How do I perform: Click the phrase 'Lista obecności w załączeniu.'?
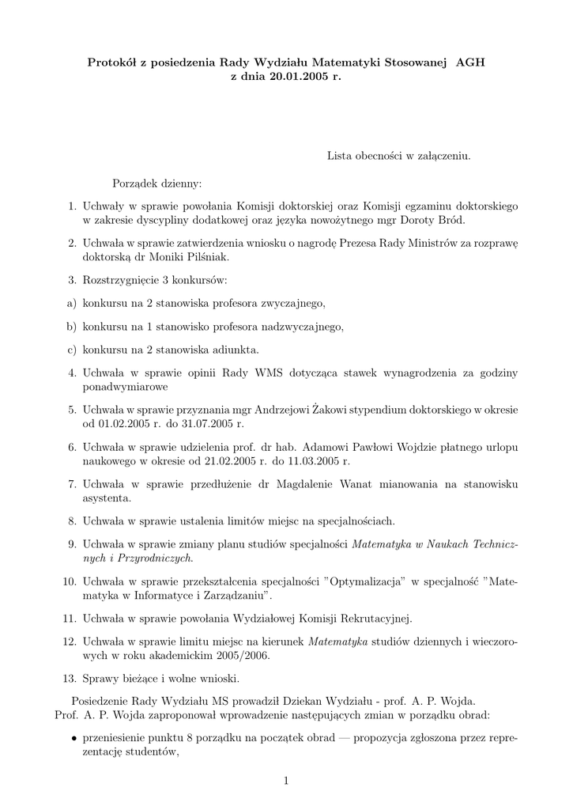[x=398, y=157]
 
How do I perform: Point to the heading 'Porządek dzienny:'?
[x=156, y=184]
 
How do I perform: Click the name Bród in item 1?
[x=451, y=220]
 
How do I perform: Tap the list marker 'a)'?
[x=71, y=302]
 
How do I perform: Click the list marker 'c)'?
[x=71, y=349]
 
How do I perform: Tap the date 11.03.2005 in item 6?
[x=315, y=460]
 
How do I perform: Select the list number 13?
[x=68, y=679]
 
